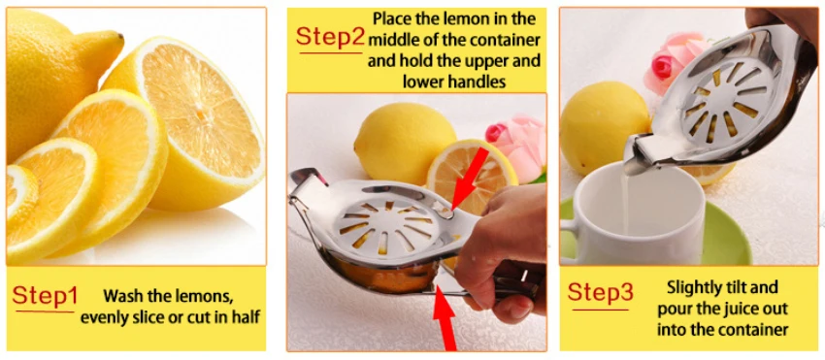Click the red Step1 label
pos(45,296)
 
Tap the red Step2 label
pos(330,36)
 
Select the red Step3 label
pos(601,293)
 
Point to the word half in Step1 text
pos(247,318)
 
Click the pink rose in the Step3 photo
pos(673,59)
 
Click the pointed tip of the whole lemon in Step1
pos(120,38)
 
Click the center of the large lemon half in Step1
pos(201,113)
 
